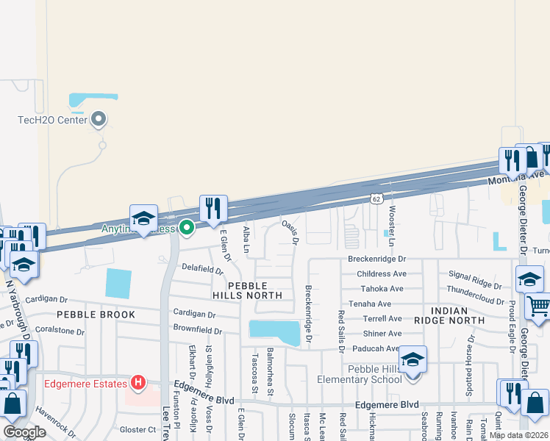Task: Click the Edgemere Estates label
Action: [x=87, y=383]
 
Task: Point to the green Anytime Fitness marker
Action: [x=187, y=228]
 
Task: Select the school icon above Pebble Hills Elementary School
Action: [x=413, y=359]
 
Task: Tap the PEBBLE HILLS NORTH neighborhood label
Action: [x=247, y=290]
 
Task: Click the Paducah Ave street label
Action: [x=376, y=349]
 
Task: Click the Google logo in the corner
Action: [x=24, y=433]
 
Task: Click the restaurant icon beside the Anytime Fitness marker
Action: [x=213, y=209]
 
